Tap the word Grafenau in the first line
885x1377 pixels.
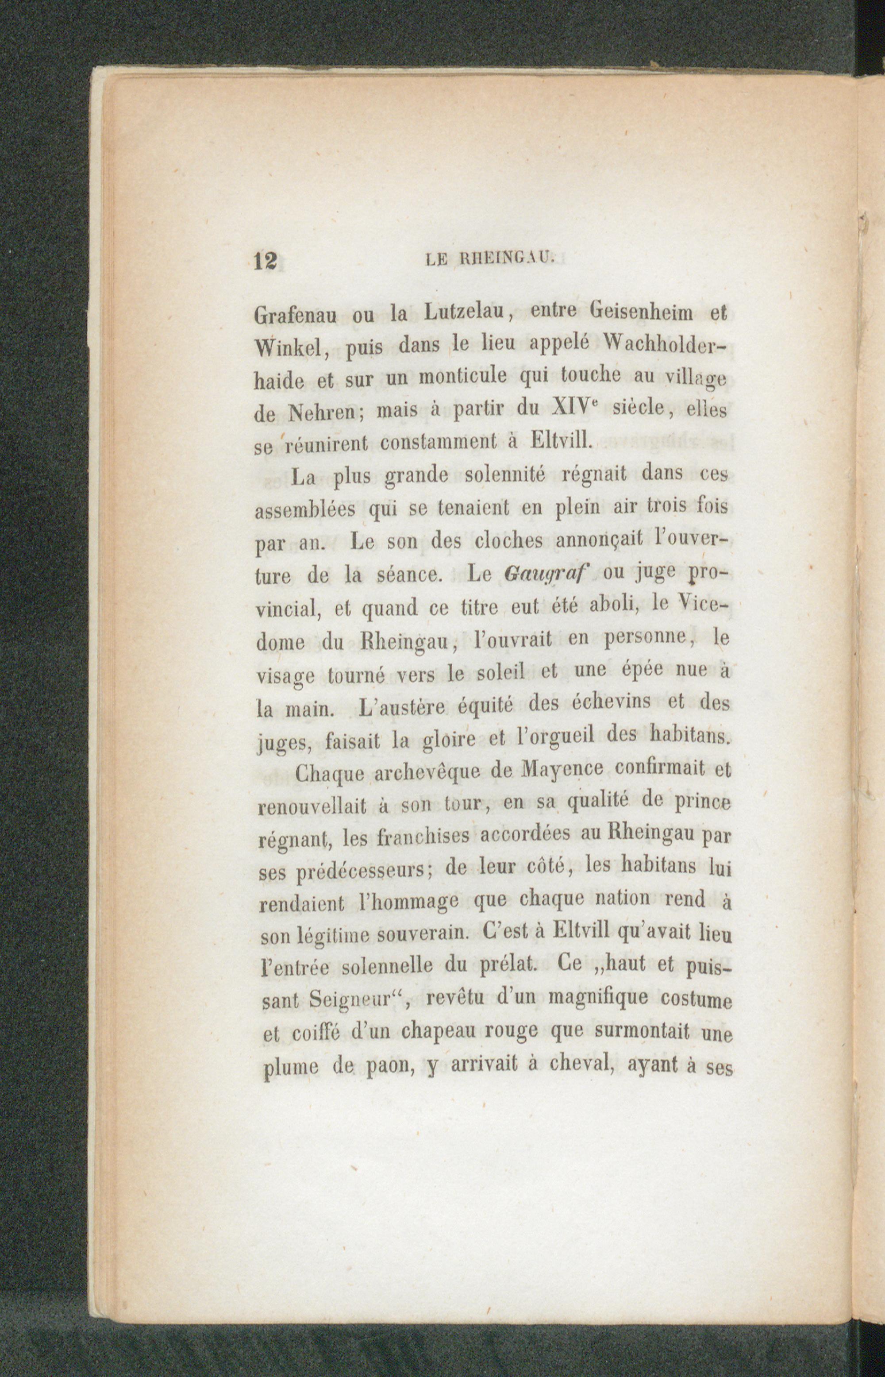click(296, 316)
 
